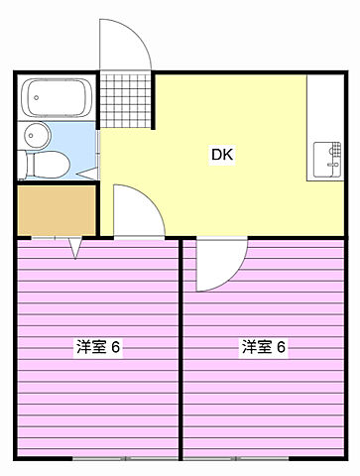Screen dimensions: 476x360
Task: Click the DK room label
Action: pos(221,154)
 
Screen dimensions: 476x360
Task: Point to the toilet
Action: pos(48,163)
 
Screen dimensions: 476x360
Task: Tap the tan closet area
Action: pos(57,209)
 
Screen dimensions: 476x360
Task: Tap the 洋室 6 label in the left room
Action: pos(98,347)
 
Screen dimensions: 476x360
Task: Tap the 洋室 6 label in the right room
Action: pos(264,347)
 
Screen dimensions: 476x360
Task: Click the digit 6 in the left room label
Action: pos(116,347)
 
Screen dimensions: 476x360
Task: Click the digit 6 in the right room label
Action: pos(282,347)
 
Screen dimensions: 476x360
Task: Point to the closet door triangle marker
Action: pos(75,249)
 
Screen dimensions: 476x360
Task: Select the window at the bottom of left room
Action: pos(99,459)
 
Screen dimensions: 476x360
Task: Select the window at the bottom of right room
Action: pos(264,459)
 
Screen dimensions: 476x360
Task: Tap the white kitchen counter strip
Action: pos(324,129)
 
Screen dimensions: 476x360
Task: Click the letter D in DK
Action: pos(215,154)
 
